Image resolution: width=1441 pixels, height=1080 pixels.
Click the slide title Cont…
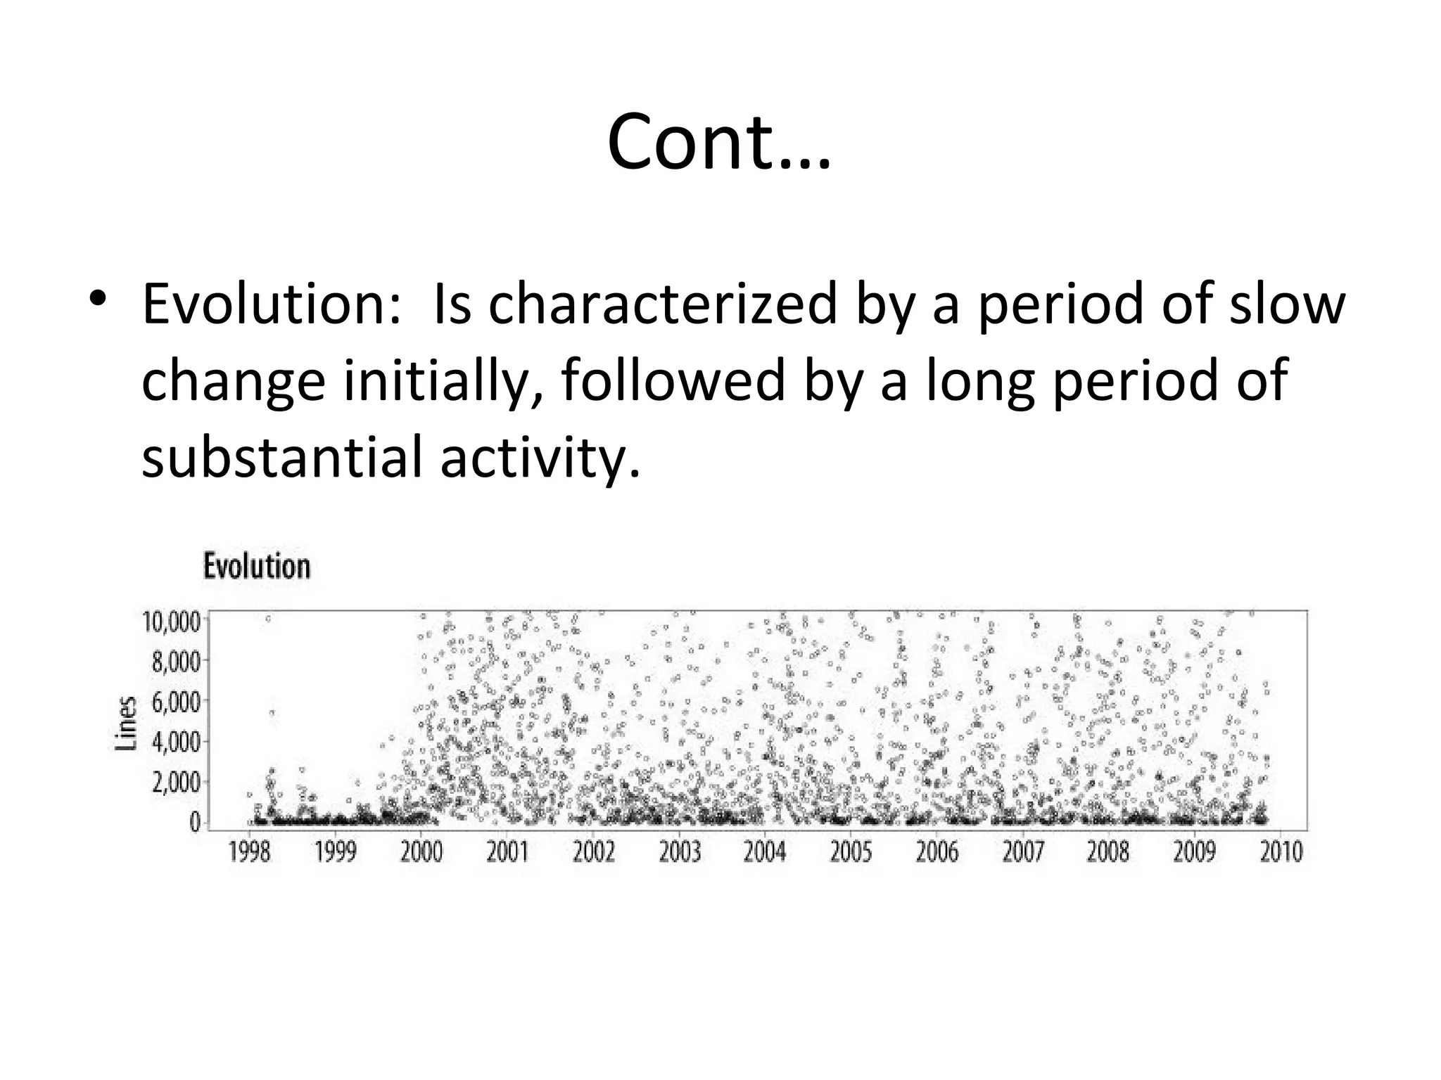[x=719, y=143]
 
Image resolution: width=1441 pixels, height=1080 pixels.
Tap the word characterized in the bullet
[x=663, y=304]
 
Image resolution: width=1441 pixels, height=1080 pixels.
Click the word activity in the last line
[x=539, y=456]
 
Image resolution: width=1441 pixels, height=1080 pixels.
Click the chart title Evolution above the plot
[x=257, y=567]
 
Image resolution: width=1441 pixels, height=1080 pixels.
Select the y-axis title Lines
[x=125, y=724]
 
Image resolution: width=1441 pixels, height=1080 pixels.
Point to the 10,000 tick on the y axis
[x=171, y=622]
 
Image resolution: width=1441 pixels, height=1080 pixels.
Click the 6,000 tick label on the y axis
[x=175, y=702]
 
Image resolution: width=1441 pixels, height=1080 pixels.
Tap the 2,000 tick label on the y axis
[x=175, y=782]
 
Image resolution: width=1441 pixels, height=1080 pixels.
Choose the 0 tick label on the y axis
[x=194, y=822]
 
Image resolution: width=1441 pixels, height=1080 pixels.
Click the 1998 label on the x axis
[x=249, y=852]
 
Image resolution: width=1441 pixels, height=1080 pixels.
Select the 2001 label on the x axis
[x=507, y=852]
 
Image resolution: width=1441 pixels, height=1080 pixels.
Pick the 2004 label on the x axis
[x=765, y=852]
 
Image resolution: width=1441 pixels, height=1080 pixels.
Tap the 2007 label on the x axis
[x=1022, y=852]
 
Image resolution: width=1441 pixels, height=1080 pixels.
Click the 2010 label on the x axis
[x=1281, y=852]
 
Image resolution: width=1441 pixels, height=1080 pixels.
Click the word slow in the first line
[x=1287, y=304]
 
